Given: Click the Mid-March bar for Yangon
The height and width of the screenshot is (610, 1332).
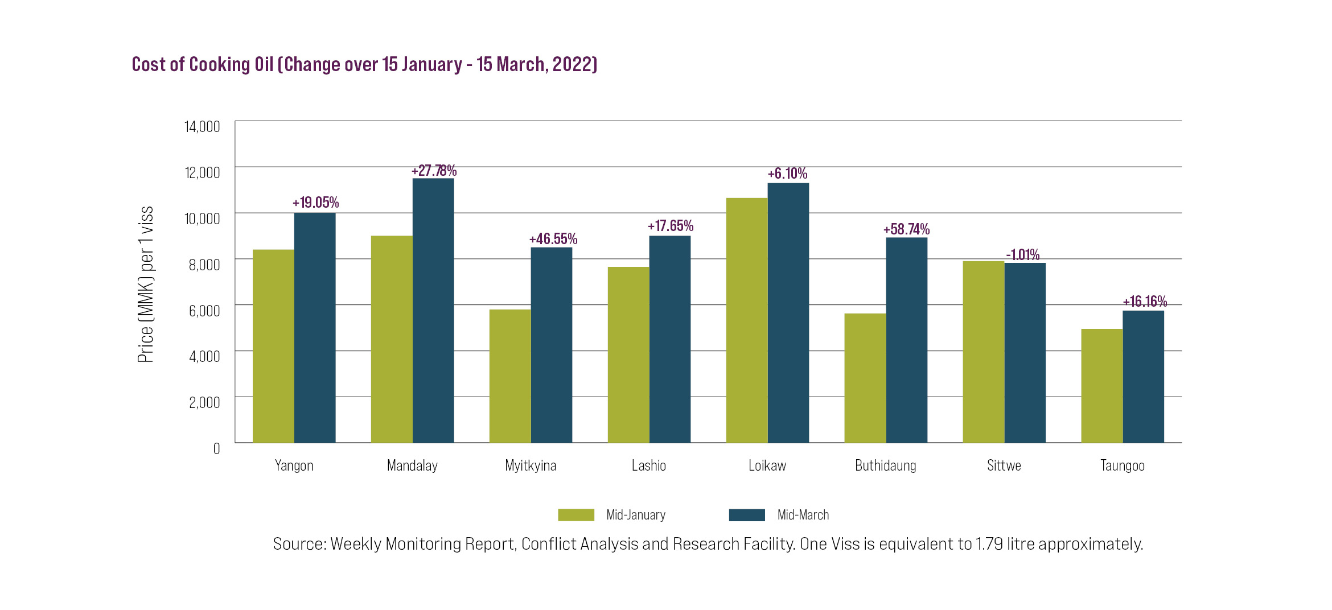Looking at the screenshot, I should [x=315, y=328].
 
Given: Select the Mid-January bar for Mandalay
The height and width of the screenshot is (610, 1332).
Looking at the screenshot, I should [x=392, y=339].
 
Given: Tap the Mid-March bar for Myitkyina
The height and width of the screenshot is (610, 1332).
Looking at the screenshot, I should [x=552, y=345].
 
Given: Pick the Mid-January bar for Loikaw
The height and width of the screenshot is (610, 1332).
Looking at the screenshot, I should [x=747, y=320].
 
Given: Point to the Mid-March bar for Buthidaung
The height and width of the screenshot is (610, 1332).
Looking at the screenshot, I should [x=907, y=340].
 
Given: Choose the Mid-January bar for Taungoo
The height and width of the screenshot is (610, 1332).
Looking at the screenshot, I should [x=1102, y=386].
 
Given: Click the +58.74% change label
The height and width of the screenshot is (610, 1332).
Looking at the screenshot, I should [x=906, y=229].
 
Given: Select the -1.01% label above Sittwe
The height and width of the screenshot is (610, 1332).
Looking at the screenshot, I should [x=1023, y=254].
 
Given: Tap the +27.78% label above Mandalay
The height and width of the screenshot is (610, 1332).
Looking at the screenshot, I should [x=434, y=171].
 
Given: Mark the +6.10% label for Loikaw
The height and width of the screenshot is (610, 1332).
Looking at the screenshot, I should [x=787, y=174].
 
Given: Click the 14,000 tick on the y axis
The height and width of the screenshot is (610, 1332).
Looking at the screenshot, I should [x=202, y=126].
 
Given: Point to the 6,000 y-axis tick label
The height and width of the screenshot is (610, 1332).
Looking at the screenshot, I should [x=204, y=311].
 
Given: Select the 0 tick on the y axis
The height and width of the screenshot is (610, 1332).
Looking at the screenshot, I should [x=216, y=448].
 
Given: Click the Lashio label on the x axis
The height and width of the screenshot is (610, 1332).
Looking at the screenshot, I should [x=649, y=465].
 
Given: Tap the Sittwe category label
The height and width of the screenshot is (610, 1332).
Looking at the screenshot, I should [x=1004, y=465].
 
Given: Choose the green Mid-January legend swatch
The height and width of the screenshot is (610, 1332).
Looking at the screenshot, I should [x=576, y=515].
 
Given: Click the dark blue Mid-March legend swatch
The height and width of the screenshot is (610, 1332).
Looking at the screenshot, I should [x=747, y=515].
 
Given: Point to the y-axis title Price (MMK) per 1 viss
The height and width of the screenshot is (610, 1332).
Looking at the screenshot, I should [x=146, y=285].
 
